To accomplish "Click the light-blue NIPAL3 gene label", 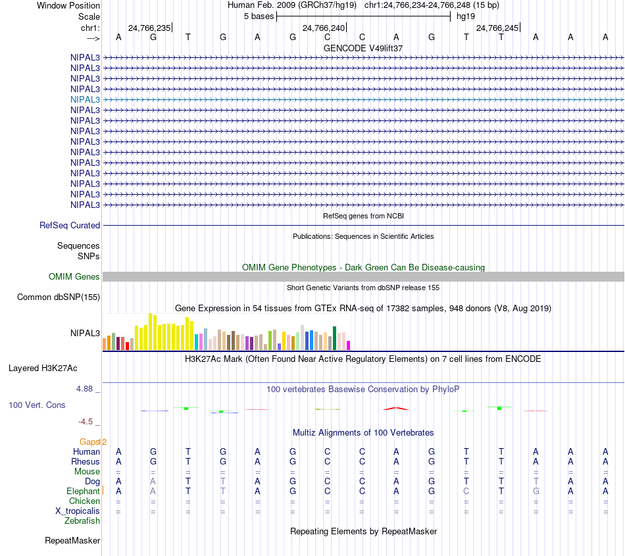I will (85, 99).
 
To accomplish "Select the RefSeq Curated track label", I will (70, 225).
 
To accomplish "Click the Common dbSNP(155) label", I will (59, 297).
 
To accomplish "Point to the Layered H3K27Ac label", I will (43, 368).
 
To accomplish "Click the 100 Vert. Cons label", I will (37, 405).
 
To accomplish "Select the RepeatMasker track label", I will (72, 541).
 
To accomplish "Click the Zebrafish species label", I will (82, 520).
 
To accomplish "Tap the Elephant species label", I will (83, 491).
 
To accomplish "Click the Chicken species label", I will (84, 501).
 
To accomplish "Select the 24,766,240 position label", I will (323, 28).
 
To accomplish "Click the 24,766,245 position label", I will (497, 28).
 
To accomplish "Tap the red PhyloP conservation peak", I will (396, 409).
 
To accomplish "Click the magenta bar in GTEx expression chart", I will (349, 345).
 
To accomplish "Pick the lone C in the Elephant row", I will (466, 491).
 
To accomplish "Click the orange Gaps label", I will (91, 442).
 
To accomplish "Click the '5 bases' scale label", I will (257, 16).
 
